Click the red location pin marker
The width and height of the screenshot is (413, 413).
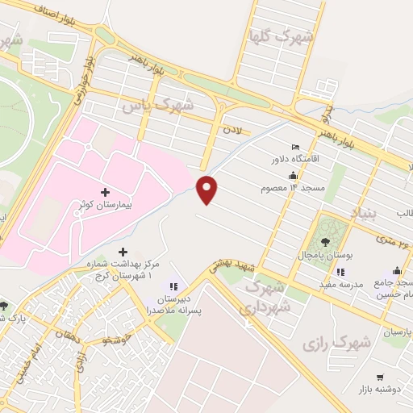coord(207,189)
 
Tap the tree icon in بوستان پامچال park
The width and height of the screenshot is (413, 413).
coord(325,240)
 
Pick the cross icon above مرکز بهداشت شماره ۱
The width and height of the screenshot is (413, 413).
coord(123,252)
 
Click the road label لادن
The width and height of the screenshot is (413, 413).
coord(233,129)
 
